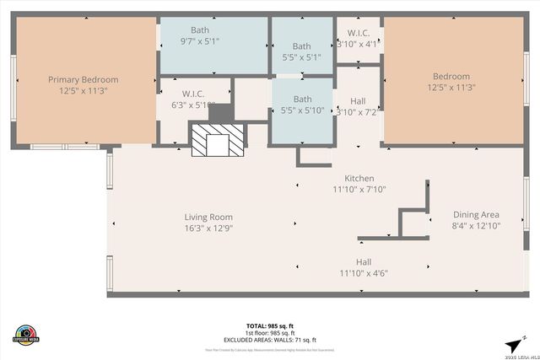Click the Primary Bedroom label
83,79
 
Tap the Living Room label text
208,217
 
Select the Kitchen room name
359,178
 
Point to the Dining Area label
477,214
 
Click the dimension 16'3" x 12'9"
208,228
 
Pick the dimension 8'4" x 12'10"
477,225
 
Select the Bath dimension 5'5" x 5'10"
301,110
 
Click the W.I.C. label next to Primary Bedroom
194,94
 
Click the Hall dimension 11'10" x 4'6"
364,272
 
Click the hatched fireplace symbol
217,140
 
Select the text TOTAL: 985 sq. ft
270,325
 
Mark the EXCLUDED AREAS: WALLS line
270,338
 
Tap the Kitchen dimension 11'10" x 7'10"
359,189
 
